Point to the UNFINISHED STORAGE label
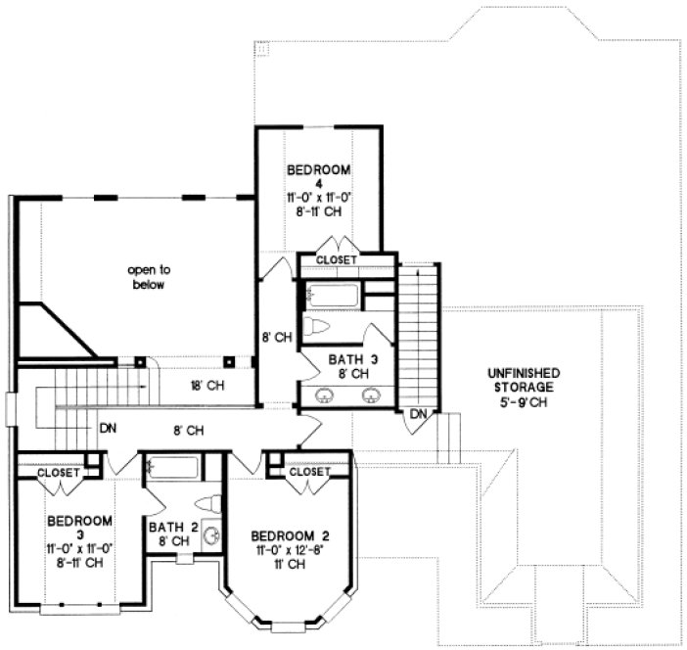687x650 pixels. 524,380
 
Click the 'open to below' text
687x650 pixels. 149,277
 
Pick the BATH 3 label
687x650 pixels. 349,360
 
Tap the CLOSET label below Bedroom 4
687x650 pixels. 336,259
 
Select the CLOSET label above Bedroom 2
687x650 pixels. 311,472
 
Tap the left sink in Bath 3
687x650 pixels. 328,395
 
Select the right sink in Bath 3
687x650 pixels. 372,395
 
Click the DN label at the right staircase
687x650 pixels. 419,415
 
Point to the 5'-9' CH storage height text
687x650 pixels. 524,402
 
